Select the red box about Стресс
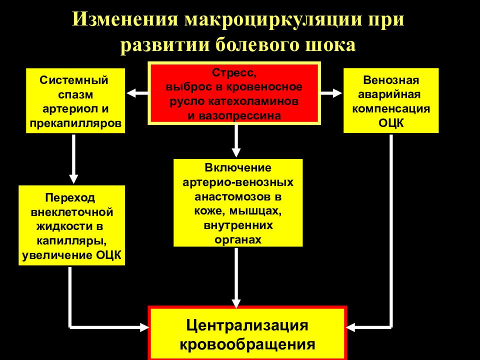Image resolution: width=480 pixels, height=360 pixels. coord(234,93)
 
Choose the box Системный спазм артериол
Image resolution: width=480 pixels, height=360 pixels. coord(75,100)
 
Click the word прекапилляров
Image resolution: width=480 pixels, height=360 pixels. coord(75,123)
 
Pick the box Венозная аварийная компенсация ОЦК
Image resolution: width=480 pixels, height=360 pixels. coord(391,100)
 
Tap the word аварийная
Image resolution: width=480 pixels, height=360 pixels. coord(389,94)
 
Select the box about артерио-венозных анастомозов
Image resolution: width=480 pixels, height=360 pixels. coord(238,202)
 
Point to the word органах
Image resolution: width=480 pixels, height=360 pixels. coord(238,239)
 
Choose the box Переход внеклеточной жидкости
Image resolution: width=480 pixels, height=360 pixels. coord(71,225)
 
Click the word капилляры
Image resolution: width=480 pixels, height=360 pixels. coord(71,241)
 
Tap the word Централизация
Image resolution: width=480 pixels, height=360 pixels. coord(247,325)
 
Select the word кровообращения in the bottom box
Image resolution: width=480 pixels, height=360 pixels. coord(247,344)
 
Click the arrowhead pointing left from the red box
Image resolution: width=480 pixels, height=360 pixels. coord(131,93)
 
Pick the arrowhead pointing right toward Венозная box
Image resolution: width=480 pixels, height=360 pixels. coord(337,93)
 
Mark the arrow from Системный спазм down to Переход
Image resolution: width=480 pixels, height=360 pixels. coord(73,159)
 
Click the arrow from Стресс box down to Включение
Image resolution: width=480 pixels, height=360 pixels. coord(236,141)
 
